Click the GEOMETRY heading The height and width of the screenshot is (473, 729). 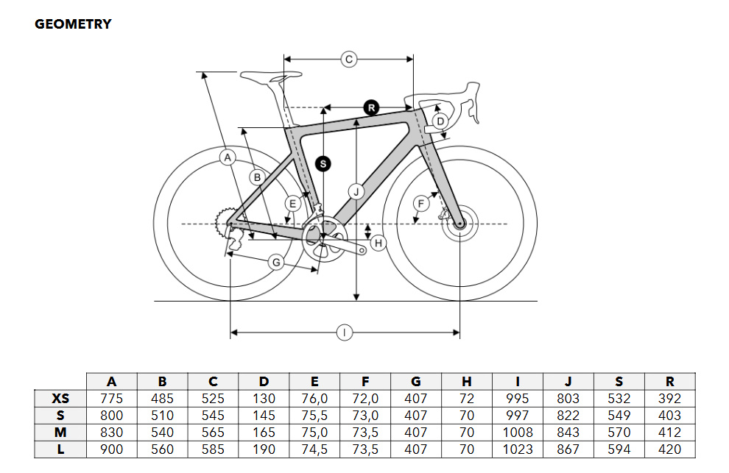coord(73,24)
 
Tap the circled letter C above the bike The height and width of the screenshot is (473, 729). coord(349,60)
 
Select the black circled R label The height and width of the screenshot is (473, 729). coord(371,108)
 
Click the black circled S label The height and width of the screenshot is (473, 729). coord(323,163)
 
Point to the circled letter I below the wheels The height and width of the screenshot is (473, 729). coord(344,332)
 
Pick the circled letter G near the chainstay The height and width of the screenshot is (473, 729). coord(276,263)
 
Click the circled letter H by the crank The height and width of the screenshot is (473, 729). coord(378,243)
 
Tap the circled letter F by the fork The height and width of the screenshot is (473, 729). coord(420,204)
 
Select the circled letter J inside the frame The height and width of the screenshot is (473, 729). coord(356,191)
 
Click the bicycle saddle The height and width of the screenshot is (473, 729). coord(270,76)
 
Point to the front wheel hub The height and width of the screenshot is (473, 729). coord(459,224)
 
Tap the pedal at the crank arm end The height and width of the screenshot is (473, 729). coord(362,251)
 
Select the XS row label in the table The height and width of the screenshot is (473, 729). coord(60,399)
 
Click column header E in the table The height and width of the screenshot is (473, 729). coord(314,382)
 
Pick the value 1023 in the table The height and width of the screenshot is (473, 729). coord(518,449)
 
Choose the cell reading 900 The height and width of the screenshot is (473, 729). coord(112,449)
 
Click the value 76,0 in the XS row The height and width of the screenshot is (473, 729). coord(314,399)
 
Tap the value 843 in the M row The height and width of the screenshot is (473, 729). coord(568,433)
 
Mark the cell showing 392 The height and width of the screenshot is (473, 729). coord(669,399)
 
